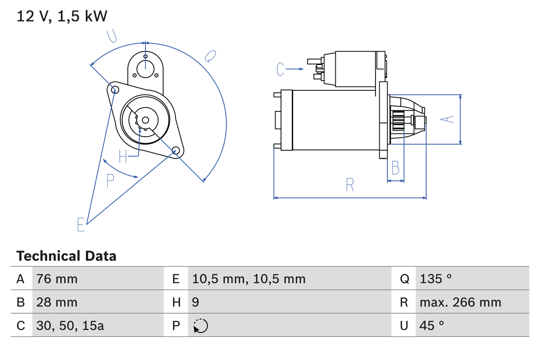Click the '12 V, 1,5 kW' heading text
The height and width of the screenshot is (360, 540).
62,16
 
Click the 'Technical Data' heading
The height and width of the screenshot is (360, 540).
66,256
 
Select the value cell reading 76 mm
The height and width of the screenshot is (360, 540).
57,279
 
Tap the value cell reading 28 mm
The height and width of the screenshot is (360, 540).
57,302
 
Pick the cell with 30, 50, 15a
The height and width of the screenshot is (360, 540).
70,325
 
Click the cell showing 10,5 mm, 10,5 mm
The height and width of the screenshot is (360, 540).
248,279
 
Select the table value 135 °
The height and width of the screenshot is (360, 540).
436,279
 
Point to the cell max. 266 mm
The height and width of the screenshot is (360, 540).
460,302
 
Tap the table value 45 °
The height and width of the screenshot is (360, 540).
432,325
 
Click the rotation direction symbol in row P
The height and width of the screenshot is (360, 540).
201,326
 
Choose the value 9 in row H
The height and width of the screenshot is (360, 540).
196,302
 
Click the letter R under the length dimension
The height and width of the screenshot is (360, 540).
350,185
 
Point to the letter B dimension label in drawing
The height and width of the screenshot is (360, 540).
395,168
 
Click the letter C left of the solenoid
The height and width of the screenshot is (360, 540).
281,69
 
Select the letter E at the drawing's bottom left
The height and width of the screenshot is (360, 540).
81,225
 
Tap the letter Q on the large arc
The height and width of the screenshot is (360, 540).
210,56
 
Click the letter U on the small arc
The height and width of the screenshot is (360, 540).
112,36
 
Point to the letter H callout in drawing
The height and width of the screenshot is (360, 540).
123,157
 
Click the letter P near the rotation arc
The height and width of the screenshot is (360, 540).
110,181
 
